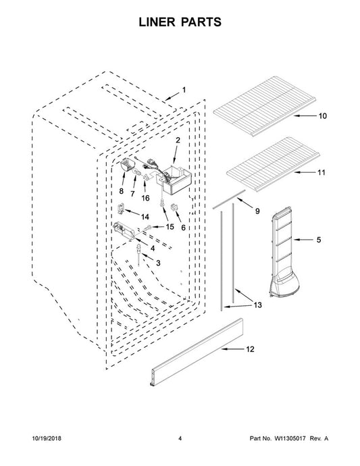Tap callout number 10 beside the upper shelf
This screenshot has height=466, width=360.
(323, 116)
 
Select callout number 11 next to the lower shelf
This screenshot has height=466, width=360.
(322, 172)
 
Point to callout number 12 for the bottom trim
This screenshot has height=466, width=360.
(251, 349)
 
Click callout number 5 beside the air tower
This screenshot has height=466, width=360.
(319, 240)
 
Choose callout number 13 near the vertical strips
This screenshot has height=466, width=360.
(257, 305)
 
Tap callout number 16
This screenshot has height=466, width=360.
(145, 198)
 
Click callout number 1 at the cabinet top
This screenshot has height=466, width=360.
(184, 89)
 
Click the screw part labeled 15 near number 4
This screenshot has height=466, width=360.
(148, 228)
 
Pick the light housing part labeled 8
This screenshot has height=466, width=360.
(127, 165)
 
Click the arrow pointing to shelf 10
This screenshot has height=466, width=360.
(305, 116)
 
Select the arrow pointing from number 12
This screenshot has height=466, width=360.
(233, 349)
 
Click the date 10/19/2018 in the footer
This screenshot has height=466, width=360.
(47, 438)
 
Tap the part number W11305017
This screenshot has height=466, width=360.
(290, 438)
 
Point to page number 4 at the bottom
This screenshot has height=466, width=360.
(180, 438)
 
